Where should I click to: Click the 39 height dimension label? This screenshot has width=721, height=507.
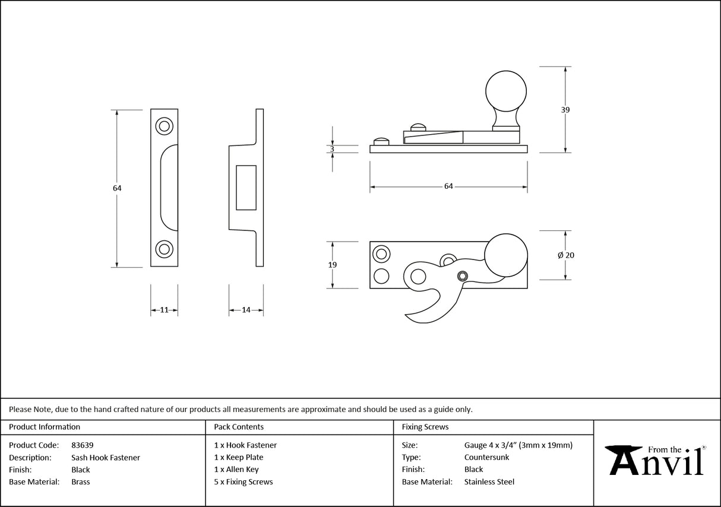pos(565,110)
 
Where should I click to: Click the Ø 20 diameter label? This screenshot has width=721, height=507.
pos(565,255)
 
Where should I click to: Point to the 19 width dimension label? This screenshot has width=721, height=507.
pos(332,265)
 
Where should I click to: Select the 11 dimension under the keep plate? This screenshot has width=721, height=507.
pos(164,310)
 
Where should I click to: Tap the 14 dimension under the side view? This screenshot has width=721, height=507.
pos(246,310)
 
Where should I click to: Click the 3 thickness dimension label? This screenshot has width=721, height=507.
pos(332,149)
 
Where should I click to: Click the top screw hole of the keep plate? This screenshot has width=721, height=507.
pos(164,126)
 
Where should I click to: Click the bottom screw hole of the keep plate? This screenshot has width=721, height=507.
pos(164,249)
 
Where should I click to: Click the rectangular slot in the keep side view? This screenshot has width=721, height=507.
pos(246,188)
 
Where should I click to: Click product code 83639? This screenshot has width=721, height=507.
pos(82,445)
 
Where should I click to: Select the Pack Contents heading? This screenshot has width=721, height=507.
pos(239,427)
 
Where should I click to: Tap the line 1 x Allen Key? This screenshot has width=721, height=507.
pos(236,470)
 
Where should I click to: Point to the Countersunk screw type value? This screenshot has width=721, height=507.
pos(486,457)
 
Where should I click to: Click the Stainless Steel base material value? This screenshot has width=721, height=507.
pos(489,482)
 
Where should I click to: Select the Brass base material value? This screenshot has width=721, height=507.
pos(81,482)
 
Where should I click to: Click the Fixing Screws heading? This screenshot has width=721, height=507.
pos(425,427)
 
